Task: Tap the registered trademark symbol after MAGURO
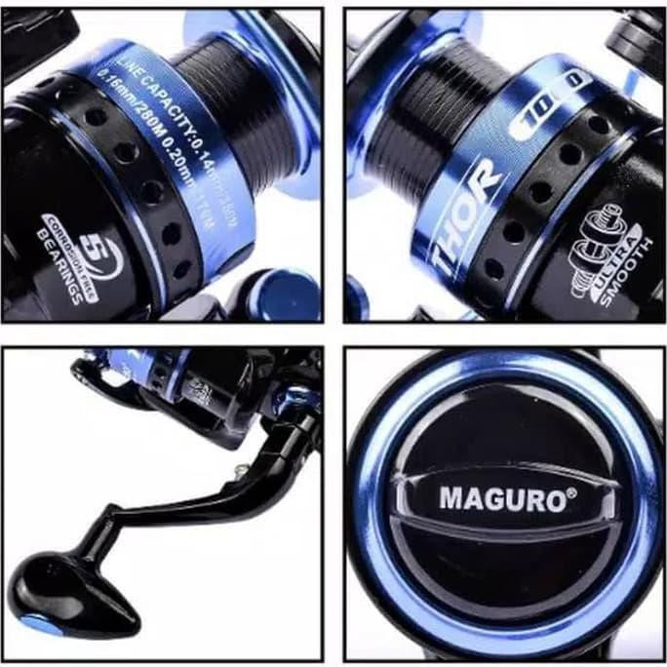coord(570,493)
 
